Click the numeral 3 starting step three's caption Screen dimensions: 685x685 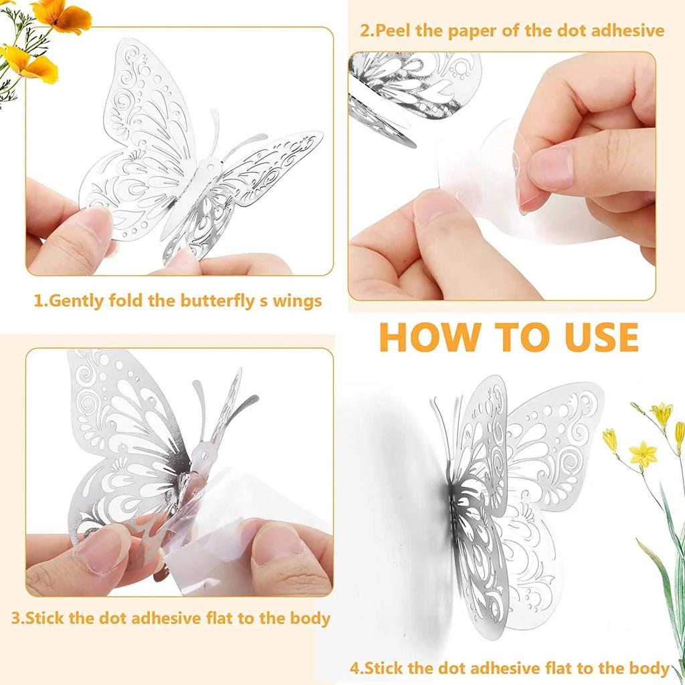tap(16, 617)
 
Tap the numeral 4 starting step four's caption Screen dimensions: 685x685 tap(355, 668)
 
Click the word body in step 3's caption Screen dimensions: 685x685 tap(308, 617)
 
